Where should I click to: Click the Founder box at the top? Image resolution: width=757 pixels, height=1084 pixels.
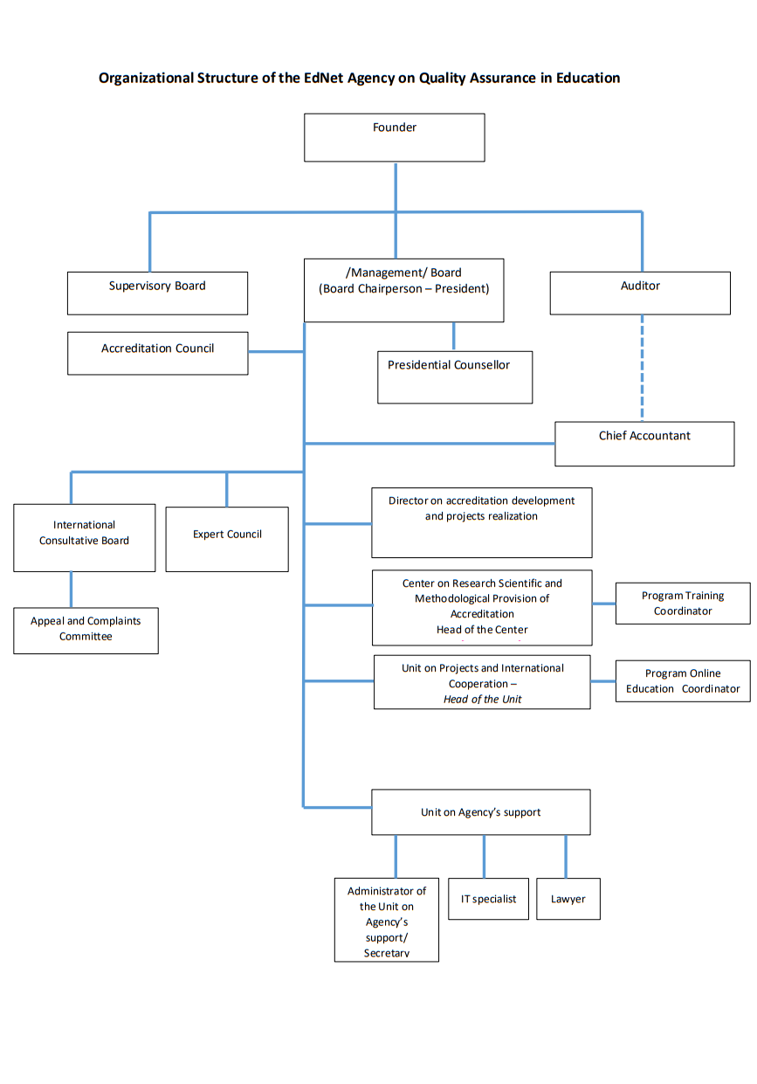click(x=394, y=137)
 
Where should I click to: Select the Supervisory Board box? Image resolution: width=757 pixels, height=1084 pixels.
click(x=157, y=293)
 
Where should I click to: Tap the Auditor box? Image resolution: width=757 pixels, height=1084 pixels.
click(x=640, y=293)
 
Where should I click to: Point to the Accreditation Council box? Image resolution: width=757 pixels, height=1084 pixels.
click(x=157, y=353)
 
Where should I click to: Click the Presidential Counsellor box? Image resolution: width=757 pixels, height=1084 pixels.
click(x=454, y=376)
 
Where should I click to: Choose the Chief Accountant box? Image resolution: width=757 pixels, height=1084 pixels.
click(x=644, y=444)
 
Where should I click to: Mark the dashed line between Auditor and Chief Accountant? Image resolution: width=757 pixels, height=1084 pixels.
click(x=643, y=367)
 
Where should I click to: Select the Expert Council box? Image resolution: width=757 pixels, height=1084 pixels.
click(x=227, y=539)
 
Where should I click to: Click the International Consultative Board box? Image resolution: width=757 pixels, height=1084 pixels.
click(x=84, y=537)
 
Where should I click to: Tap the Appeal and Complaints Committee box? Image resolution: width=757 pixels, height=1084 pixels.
click(x=86, y=630)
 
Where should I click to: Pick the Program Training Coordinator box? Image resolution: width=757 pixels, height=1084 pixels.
click(x=683, y=603)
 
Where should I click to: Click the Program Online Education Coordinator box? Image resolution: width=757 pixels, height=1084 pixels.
click(x=683, y=681)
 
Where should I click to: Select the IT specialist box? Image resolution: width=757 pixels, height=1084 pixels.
click(x=488, y=899)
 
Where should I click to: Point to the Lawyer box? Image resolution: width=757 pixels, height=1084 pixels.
click(x=568, y=899)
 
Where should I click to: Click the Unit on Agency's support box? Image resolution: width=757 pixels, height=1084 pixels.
click(x=480, y=812)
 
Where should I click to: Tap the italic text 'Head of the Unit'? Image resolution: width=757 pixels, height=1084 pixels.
click(x=482, y=700)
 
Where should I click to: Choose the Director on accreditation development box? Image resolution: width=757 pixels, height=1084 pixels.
click(x=481, y=521)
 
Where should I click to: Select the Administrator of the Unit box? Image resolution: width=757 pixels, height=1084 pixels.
click(x=386, y=920)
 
